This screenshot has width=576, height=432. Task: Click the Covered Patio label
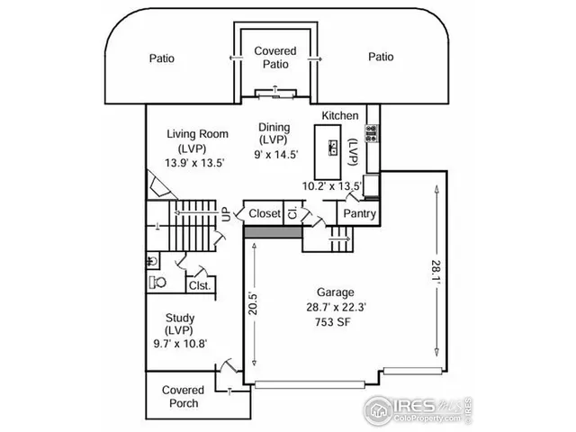coord(275,58)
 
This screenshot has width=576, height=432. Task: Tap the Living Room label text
coord(197,135)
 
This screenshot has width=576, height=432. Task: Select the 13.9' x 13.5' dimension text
coord(194,163)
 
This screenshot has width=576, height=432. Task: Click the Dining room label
coord(274,128)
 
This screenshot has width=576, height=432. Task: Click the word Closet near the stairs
coord(265,214)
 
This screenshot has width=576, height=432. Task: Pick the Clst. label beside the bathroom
coord(200,285)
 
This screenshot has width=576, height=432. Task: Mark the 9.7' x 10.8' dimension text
coord(181,343)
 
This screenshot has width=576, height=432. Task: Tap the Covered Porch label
coord(183,397)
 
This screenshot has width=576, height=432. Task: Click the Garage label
coord(334,292)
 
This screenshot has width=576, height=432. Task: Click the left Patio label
coord(162,58)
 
